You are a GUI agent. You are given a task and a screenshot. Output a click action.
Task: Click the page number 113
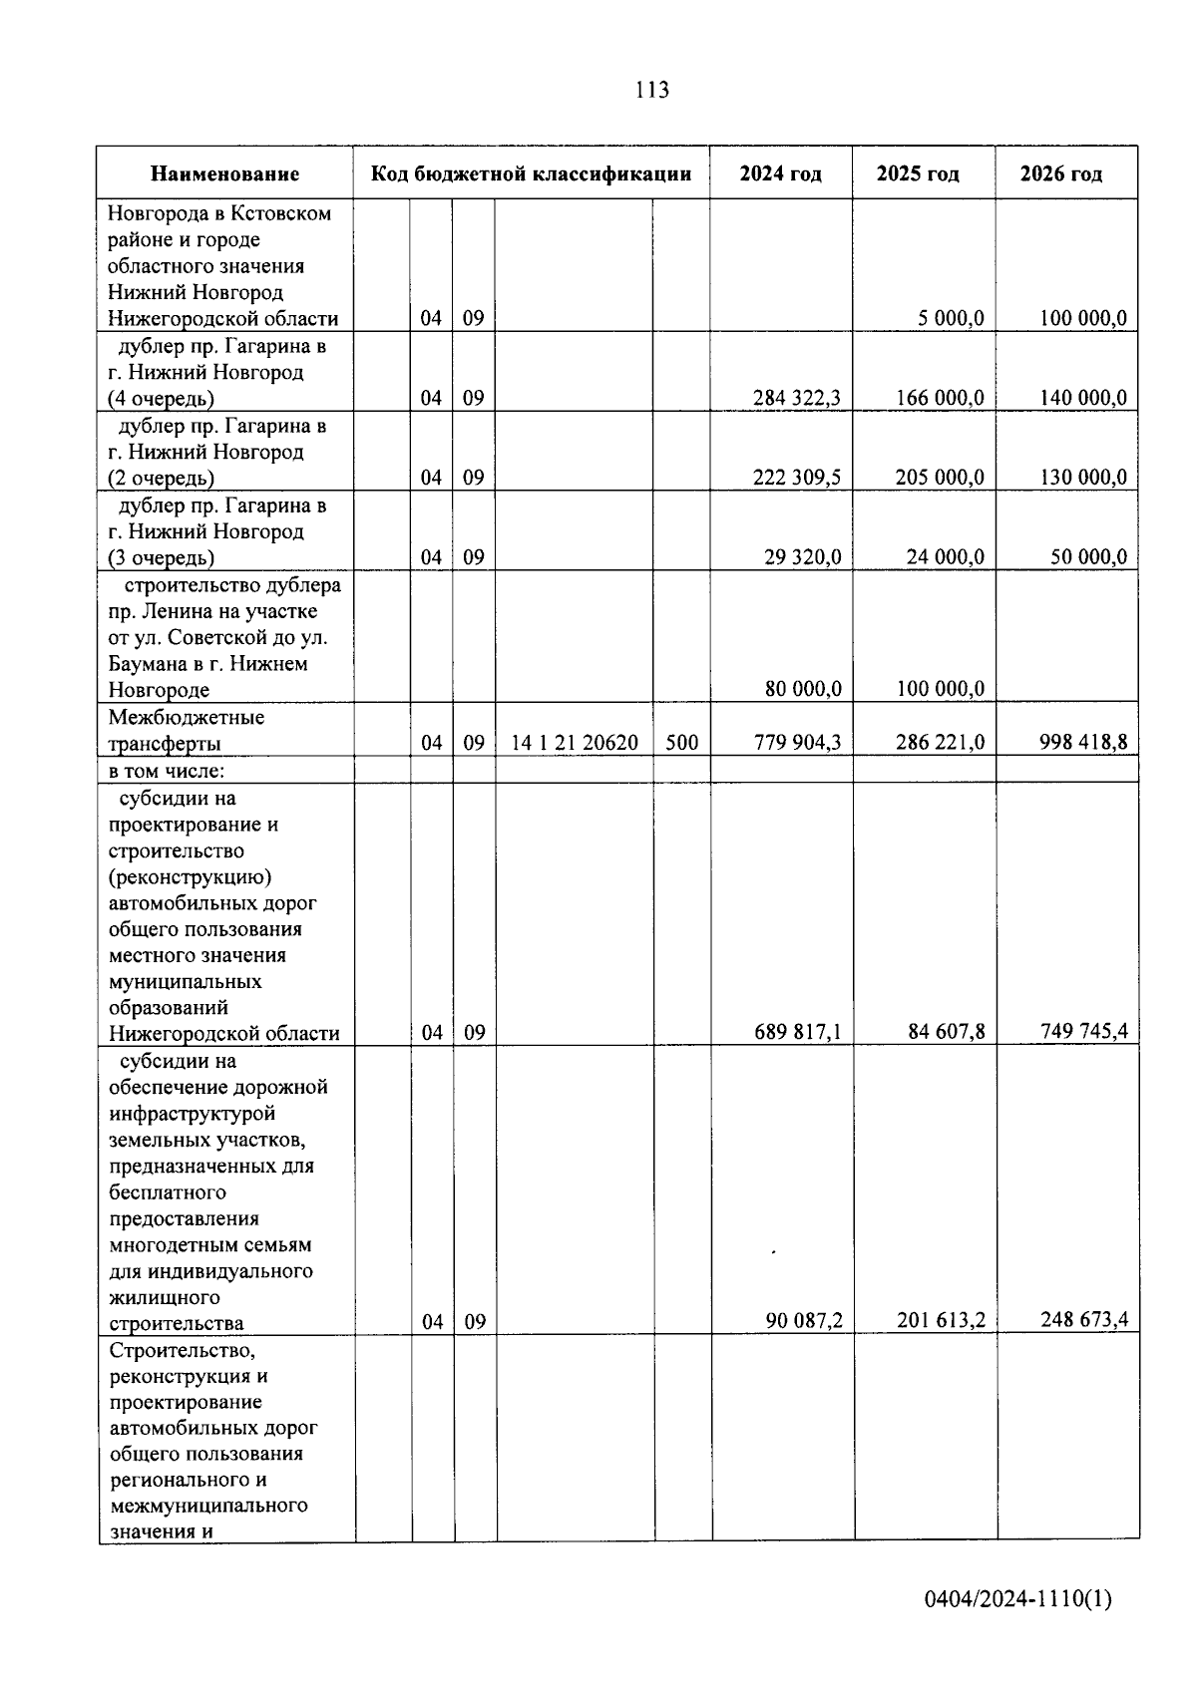(x=650, y=91)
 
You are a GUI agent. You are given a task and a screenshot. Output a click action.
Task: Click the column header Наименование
(x=224, y=174)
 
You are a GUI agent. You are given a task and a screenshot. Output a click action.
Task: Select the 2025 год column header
(x=918, y=174)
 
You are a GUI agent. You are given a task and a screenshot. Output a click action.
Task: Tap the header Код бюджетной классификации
(x=531, y=174)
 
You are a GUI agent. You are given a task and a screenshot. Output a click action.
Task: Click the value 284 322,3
(x=796, y=398)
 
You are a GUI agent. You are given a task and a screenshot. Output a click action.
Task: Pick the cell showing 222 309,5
(x=796, y=478)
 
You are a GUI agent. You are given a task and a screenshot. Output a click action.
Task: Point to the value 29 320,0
(x=802, y=557)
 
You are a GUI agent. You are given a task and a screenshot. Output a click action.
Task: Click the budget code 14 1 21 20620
(x=574, y=743)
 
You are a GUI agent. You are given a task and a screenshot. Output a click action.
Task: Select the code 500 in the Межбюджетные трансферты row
(x=681, y=743)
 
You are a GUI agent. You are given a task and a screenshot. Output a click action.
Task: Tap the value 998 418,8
(x=1083, y=742)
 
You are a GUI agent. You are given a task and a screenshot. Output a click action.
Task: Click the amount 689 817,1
(x=797, y=1032)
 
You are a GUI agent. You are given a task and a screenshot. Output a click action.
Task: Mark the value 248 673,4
(x=1083, y=1321)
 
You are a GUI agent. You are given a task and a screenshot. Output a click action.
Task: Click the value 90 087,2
(x=804, y=1321)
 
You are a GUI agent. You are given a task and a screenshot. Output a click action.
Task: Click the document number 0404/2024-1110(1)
(x=1017, y=1600)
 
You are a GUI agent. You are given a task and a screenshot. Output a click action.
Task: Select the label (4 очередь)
(x=161, y=399)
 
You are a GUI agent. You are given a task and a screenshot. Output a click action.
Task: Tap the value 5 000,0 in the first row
(x=951, y=318)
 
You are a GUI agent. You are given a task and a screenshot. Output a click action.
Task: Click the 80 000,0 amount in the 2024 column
(x=803, y=689)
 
